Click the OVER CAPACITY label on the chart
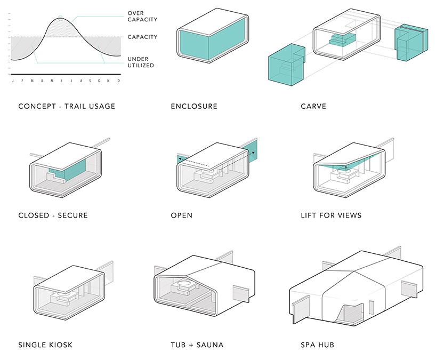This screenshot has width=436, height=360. [x=143, y=17]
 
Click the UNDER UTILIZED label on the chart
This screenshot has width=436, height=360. [x=141, y=62]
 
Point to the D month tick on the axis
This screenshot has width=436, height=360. [x=118, y=81]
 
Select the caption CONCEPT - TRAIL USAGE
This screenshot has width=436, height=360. [x=67, y=106]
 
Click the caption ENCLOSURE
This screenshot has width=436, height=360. [x=194, y=106]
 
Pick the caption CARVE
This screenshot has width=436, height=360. [x=313, y=106]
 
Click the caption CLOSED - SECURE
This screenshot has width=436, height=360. [x=53, y=215]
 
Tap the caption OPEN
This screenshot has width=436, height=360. [x=182, y=215]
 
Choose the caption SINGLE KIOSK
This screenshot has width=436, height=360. [x=45, y=345]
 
